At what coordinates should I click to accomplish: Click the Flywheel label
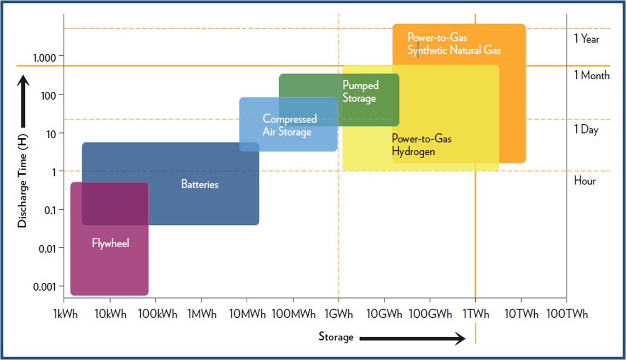coord(111,243)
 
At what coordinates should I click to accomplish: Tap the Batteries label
coord(199,184)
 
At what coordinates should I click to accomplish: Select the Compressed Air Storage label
coord(290,125)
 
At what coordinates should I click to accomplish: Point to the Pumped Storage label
coord(360,92)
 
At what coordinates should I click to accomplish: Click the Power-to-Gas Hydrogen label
coord(422,145)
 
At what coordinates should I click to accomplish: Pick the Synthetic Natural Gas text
coord(454,50)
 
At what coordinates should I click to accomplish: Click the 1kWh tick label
coord(65,314)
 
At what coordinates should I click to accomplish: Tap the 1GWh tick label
coord(339,314)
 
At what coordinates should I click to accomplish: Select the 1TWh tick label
coord(476,314)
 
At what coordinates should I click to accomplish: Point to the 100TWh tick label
coord(567,314)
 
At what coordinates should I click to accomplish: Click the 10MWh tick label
coord(247,314)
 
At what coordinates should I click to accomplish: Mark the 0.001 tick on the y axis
coord(44,287)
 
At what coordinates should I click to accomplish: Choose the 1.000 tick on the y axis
coord(44,58)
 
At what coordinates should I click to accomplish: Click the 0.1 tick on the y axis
coord(50,210)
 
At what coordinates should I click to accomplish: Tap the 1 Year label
coord(586,39)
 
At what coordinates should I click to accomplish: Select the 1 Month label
coord(592,75)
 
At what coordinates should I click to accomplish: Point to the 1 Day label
coord(586,129)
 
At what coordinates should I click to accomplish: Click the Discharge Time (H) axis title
coord(22,181)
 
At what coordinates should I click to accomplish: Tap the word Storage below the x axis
coord(336,337)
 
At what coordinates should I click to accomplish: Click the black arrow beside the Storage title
coord(413,339)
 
